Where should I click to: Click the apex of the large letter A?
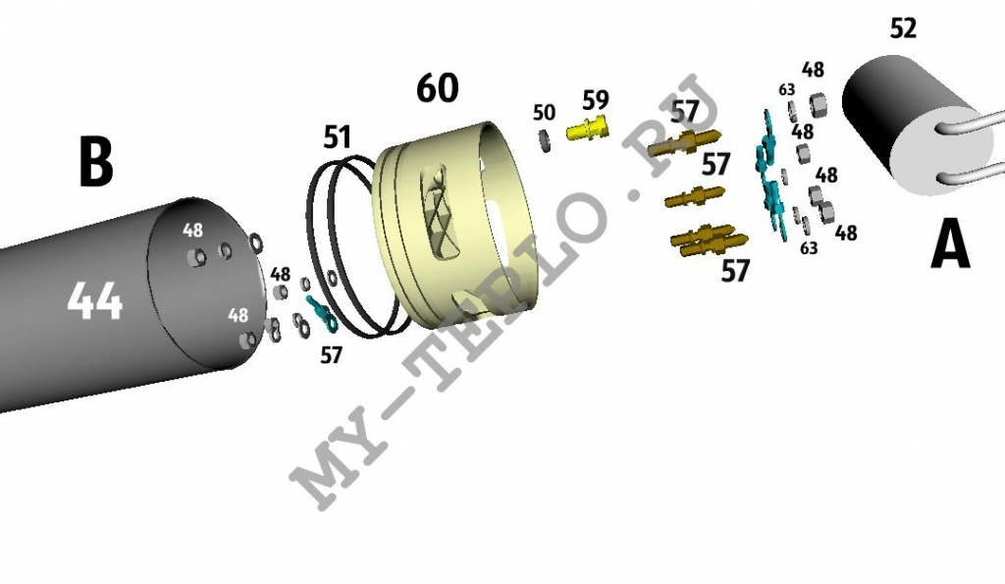click(950, 221)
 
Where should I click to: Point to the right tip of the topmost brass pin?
click(721, 133)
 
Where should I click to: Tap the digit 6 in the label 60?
click(428, 87)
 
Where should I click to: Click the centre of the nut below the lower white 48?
click(245, 339)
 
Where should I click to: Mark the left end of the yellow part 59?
click(568, 133)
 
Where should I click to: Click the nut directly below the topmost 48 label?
click(818, 103)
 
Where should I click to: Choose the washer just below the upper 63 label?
click(792, 110)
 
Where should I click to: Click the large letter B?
click(95, 161)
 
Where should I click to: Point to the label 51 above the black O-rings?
click(338, 137)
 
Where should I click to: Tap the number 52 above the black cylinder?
click(903, 27)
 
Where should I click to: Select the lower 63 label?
click(809, 247)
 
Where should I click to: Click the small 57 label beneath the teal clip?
click(332, 354)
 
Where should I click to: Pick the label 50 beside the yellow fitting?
click(544, 113)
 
